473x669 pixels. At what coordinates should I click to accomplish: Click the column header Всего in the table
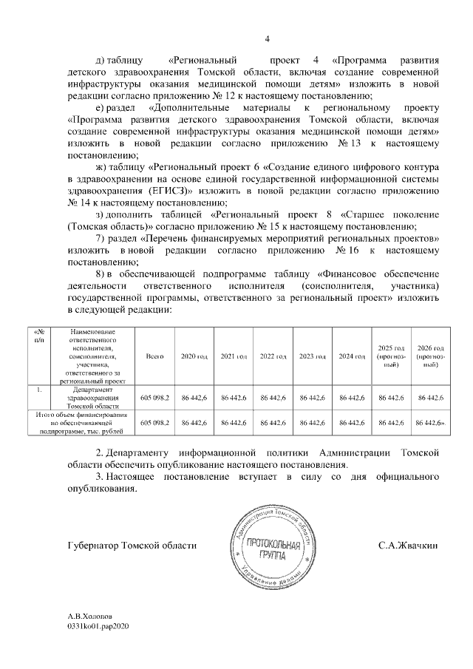pos(154,356)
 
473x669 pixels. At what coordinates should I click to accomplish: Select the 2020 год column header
pos(194,356)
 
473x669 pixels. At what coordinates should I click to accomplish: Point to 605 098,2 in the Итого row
pos(154,422)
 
